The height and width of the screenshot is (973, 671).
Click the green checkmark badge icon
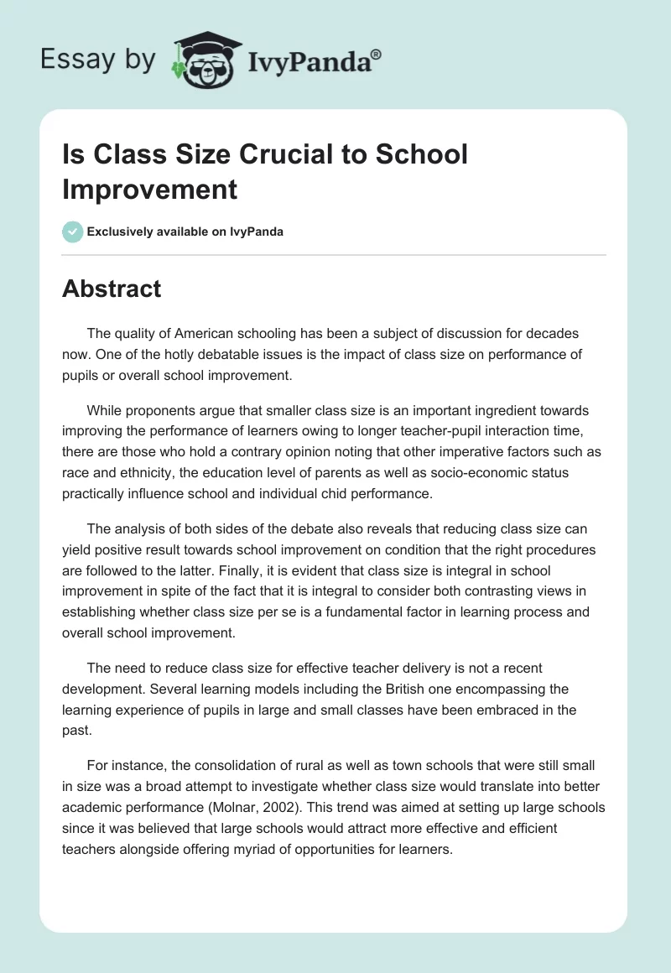(x=72, y=232)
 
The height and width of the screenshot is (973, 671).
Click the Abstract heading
(x=112, y=289)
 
